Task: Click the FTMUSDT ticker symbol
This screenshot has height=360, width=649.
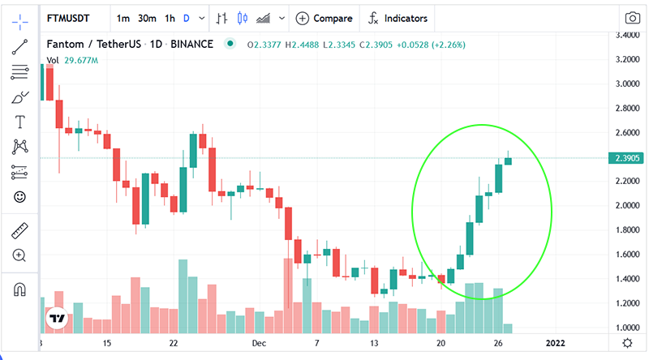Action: click(x=68, y=18)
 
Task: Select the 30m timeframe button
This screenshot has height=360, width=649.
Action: click(x=147, y=18)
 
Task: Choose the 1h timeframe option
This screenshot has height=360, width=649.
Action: click(x=170, y=18)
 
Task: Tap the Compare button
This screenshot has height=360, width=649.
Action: click(x=324, y=18)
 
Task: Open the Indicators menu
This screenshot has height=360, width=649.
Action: click(x=398, y=18)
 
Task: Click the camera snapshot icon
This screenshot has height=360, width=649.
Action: click(x=632, y=18)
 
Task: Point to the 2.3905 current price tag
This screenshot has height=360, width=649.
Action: click(x=626, y=158)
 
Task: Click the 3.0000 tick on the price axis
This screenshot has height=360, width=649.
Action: click(x=627, y=84)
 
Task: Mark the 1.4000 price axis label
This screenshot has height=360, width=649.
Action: click(x=627, y=278)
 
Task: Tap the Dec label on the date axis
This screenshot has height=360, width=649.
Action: click(x=259, y=343)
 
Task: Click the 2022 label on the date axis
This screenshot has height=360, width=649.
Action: click(x=555, y=343)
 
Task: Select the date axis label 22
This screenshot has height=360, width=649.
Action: click(x=174, y=343)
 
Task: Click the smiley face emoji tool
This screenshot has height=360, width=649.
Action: click(x=19, y=197)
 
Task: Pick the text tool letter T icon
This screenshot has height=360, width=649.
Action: click(x=19, y=122)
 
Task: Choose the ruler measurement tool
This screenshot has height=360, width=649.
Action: click(x=19, y=231)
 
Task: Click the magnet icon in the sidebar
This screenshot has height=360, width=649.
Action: click(x=19, y=289)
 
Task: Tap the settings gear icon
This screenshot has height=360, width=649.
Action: click(x=627, y=343)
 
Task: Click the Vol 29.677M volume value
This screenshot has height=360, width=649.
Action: click(x=72, y=61)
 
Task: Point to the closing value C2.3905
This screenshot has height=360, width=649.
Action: click(x=376, y=45)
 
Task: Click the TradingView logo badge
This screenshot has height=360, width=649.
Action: click(x=57, y=318)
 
